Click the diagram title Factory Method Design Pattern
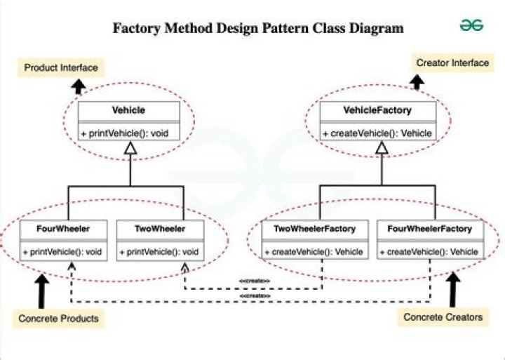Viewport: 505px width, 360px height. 258,29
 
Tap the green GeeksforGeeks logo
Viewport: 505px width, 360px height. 471,25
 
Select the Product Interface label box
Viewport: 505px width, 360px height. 60,67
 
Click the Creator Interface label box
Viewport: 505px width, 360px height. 452,63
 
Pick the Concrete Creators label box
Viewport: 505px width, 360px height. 443,317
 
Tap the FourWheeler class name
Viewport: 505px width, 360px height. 64,229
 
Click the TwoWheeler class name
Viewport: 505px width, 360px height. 161,229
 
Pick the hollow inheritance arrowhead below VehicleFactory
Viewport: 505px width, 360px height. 381,148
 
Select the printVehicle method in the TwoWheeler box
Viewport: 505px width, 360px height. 161,251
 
